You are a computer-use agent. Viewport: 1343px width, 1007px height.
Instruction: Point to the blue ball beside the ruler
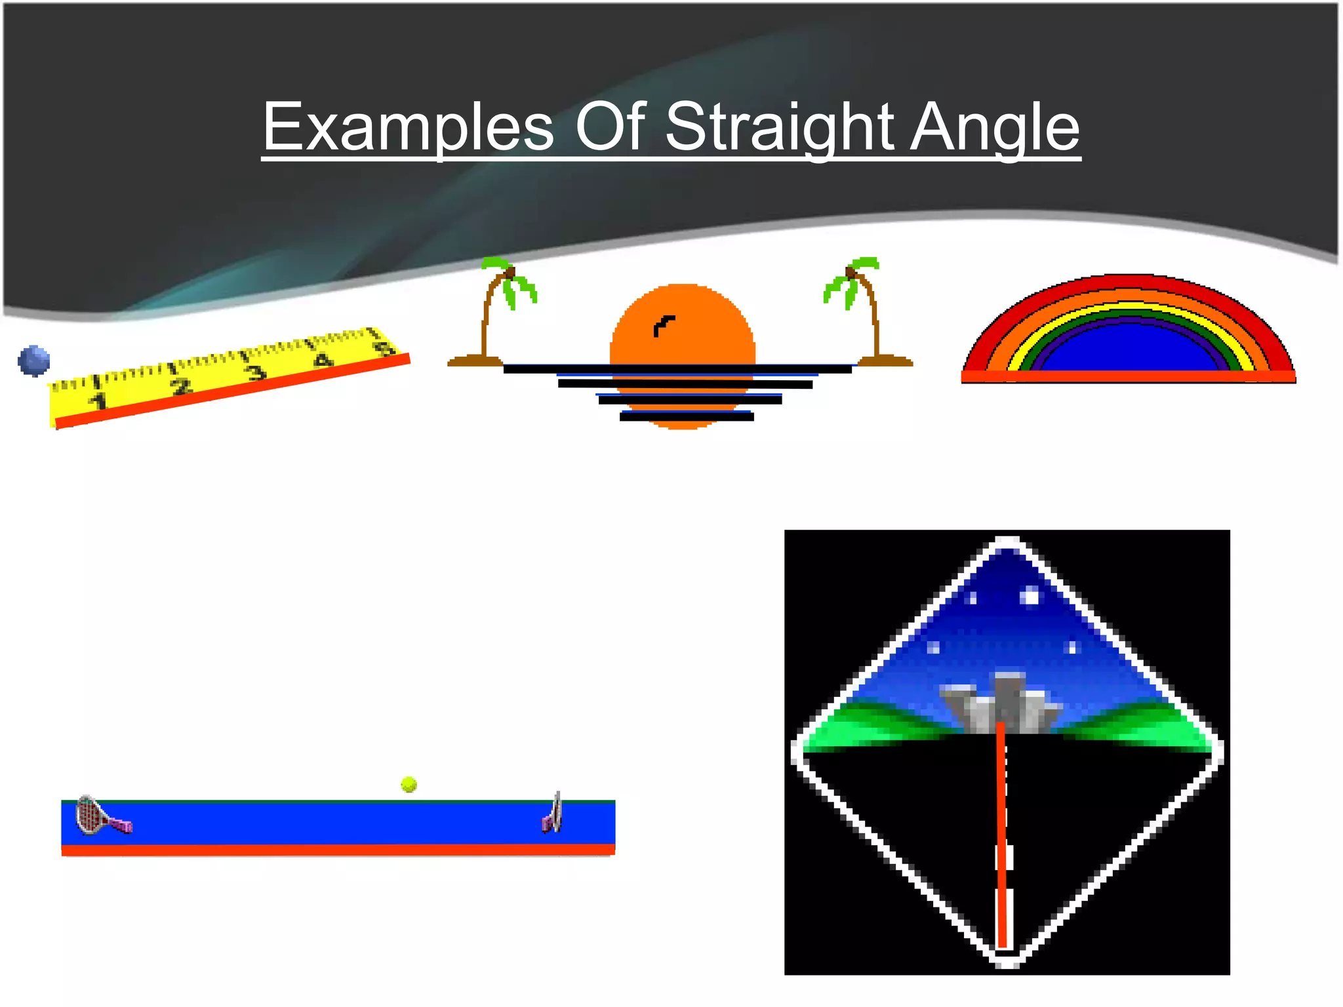click(x=34, y=361)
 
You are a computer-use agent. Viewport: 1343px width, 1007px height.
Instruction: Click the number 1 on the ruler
click(x=100, y=401)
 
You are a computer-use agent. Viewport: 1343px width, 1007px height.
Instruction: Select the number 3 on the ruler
click(x=256, y=372)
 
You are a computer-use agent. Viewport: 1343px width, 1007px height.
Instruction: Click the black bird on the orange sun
click(x=663, y=325)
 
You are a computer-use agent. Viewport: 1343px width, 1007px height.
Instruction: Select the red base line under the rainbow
click(x=1128, y=376)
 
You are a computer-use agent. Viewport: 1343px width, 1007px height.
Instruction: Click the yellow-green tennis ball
click(x=409, y=784)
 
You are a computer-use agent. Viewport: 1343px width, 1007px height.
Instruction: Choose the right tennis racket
click(x=553, y=814)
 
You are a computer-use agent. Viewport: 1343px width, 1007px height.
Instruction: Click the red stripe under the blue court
click(x=338, y=850)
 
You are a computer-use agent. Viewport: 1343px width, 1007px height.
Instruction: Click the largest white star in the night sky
click(x=1030, y=597)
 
